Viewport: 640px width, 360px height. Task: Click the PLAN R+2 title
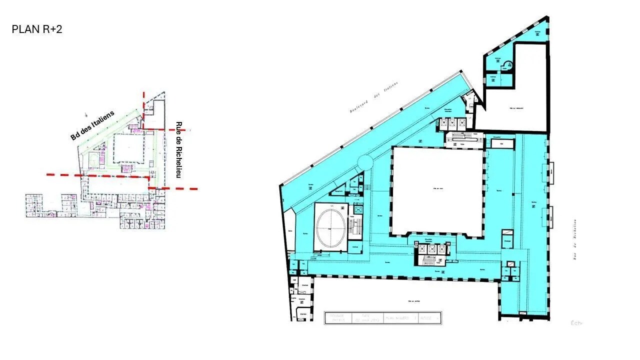(x=37, y=29)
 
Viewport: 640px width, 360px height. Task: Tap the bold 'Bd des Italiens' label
(x=92, y=125)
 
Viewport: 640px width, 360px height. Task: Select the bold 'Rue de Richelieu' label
(x=178, y=150)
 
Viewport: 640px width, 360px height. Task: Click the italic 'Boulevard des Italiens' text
(x=373, y=97)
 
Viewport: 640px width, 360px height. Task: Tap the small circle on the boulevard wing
(x=365, y=162)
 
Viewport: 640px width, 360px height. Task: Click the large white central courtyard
(x=437, y=190)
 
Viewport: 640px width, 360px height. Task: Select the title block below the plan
(x=382, y=317)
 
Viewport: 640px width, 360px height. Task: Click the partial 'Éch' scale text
(x=576, y=323)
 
